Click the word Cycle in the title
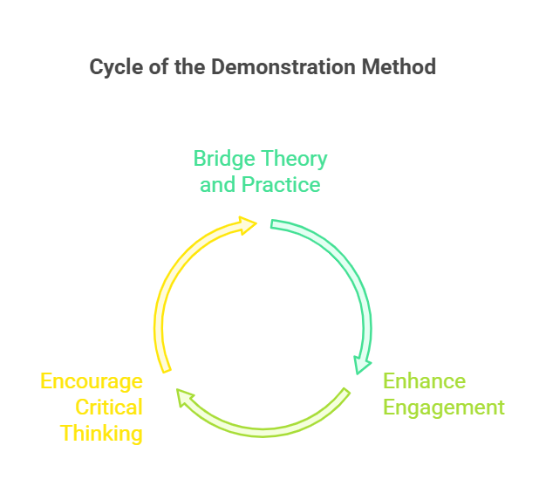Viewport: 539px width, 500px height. [116, 67]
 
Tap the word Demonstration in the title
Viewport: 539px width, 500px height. [283, 66]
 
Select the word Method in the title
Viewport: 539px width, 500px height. [399, 66]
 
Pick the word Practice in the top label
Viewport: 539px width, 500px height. [281, 185]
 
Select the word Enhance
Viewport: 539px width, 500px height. [425, 381]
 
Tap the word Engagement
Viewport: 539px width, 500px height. [444, 408]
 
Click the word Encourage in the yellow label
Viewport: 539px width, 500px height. [92, 382]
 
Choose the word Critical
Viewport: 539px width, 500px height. [109, 408]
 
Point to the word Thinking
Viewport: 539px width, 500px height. [101, 434]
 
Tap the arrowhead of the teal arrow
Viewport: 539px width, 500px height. [361, 366]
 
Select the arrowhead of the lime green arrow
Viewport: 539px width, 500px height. [184, 398]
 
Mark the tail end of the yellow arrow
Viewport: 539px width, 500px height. [167, 371]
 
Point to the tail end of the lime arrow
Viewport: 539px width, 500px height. [347, 391]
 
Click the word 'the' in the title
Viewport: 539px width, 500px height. [190, 66]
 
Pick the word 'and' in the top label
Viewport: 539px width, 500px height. [217, 185]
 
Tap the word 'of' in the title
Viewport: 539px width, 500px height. [159, 66]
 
